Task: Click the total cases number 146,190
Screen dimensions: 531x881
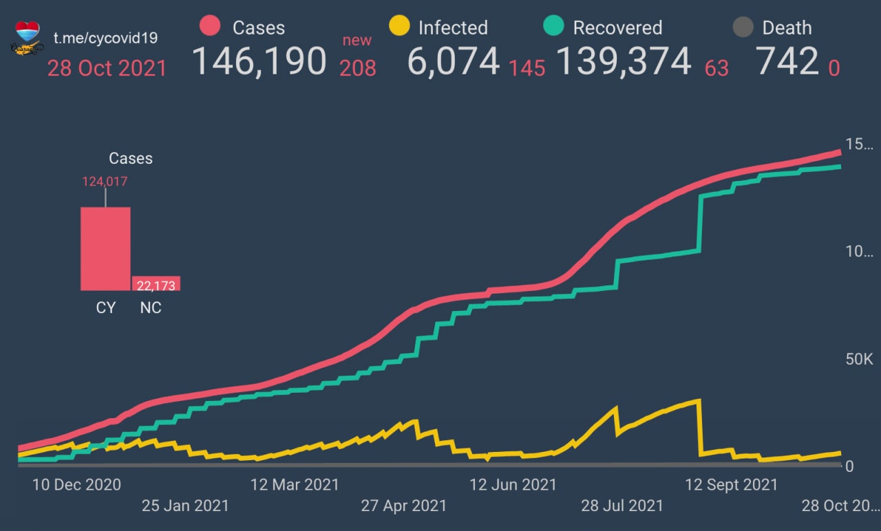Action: click(259, 61)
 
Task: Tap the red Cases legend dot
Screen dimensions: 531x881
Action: click(209, 27)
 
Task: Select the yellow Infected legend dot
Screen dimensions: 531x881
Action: click(399, 27)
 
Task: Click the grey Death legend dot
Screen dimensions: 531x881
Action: click(742, 28)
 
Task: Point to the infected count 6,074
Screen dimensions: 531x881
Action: click(453, 61)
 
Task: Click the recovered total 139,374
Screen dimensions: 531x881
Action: click(623, 61)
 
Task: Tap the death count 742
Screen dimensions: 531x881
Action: click(787, 61)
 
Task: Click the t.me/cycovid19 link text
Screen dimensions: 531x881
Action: click(105, 38)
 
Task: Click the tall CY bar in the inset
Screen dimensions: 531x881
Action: click(105, 248)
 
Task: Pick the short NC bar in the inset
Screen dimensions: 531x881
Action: click(156, 283)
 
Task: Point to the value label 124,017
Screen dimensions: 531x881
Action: click(105, 182)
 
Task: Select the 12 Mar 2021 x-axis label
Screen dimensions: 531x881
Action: click(295, 484)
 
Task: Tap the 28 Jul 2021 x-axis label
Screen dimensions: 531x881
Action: click(622, 506)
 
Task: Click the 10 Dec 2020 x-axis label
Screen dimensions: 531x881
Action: click(76, 484)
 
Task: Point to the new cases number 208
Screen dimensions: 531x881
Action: click(357, 67)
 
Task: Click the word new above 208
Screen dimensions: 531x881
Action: click(357, 40)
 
